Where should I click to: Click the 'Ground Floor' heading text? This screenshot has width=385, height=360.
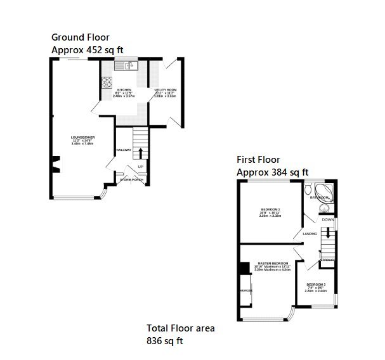tap(80, 37)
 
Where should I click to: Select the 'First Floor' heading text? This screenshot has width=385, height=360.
tap(258, 160)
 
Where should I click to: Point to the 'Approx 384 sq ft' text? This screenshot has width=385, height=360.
tap(273, 172)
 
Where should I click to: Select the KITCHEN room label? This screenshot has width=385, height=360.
tap(124, 90)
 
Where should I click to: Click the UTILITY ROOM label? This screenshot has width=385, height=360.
tap(166, 90)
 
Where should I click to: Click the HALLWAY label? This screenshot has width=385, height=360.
tap(124, 150)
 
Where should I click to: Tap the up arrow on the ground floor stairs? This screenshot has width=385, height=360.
tap(140, 152)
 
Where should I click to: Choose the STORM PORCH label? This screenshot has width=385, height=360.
tap(131, 179)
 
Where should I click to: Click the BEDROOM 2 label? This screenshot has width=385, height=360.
tap(270, 210)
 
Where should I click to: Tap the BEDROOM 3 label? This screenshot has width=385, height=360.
tap(316, 285)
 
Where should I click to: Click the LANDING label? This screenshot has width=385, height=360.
tap(310, 234)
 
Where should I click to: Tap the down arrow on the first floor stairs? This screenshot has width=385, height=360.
tap(327, 235)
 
